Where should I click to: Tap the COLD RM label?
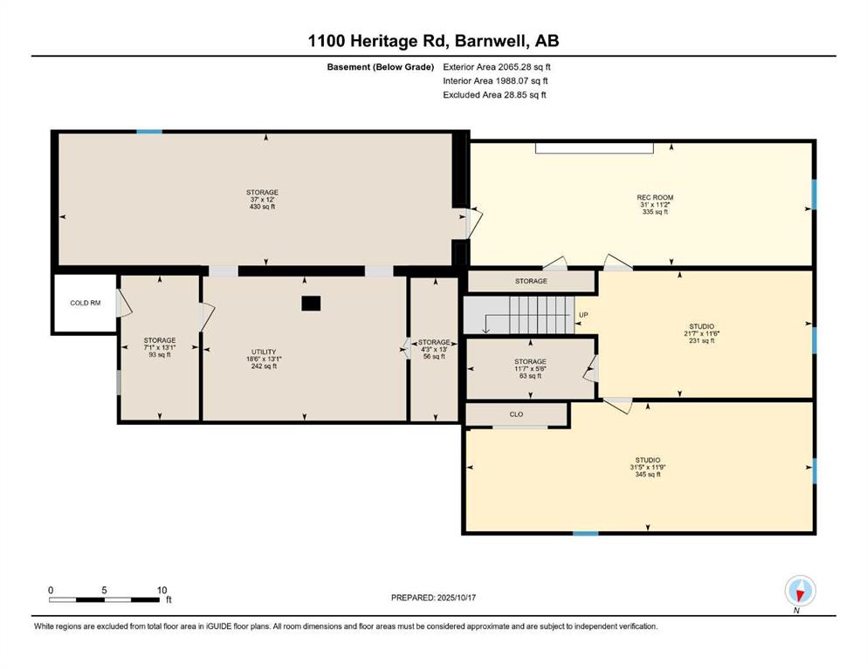[86, 304]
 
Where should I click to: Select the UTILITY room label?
[264, 352]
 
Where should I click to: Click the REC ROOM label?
[655, 197]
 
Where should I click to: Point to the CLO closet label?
[516, 414]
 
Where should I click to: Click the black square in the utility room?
[311, 304]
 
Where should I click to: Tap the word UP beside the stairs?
[583, 315]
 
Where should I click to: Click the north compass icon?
[800, 591]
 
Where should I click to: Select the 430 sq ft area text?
[262, 207]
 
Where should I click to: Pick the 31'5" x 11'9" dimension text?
[648, 467]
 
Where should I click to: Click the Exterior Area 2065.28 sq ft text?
[497, 67]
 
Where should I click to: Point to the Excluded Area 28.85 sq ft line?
[494, 94]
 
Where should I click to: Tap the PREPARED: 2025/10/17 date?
[433, 598]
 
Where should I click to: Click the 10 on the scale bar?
[162, 590]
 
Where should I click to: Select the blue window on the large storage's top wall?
[149, 132]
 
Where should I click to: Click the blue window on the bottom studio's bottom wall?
[586, 533]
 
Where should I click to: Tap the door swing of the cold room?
[124, 304]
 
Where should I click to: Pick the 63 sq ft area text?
[530, 376]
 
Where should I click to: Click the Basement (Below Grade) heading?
[381, 67]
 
